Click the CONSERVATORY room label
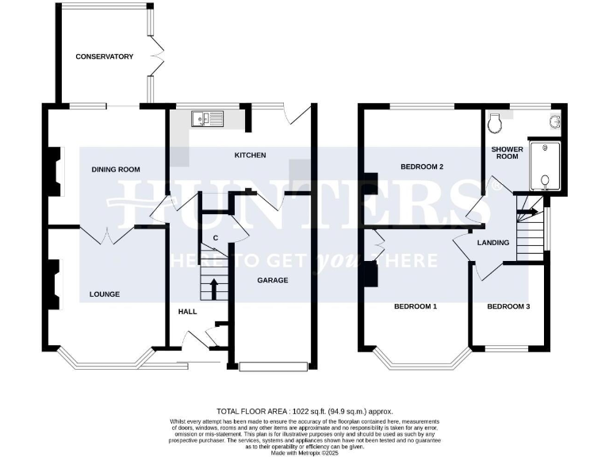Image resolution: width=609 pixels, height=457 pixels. [104, 56]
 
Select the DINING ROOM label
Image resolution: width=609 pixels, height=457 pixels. [116, 169]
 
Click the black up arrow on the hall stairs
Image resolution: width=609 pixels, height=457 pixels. [213, 288]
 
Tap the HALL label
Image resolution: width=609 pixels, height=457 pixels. [187, 312]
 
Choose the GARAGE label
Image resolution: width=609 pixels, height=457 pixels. [272, 280]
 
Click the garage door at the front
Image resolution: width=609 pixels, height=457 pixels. [273, 366]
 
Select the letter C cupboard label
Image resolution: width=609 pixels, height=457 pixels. [215, 239]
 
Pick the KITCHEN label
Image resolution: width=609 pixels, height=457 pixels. [250, 155]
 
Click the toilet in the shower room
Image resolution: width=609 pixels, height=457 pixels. [496, 123]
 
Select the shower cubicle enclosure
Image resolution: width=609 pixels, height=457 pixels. [544, 166]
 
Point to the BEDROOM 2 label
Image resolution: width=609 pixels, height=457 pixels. [421, 167]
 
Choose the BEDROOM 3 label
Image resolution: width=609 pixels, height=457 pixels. [508, 306]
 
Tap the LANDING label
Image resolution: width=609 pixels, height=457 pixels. [492, 243]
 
